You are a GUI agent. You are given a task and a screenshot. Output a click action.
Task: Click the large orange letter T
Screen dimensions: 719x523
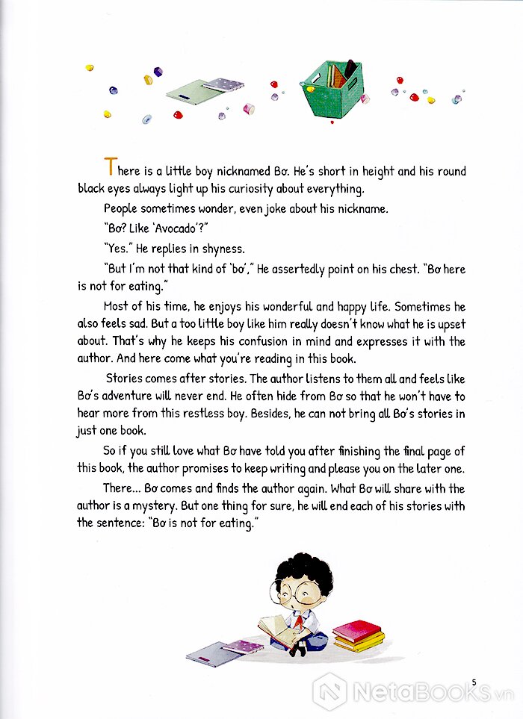pos(111,167)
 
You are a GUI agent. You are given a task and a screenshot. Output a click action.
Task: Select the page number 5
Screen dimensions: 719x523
pos(474,682)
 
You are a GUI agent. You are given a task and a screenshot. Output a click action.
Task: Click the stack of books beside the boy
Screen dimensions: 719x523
pos(358,635)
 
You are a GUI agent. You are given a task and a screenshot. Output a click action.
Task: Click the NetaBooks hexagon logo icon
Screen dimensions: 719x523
pos(329,691)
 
